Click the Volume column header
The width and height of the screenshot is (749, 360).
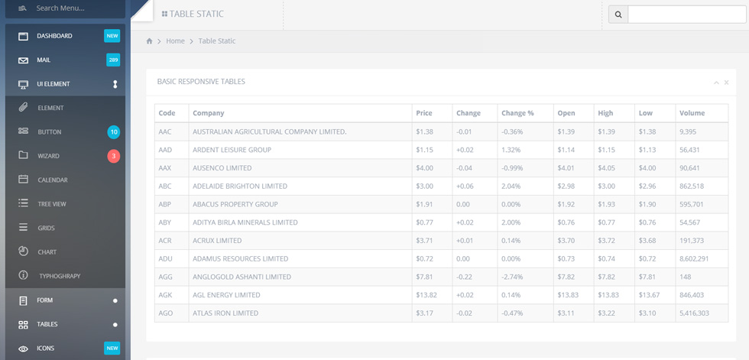[x=692, y=113]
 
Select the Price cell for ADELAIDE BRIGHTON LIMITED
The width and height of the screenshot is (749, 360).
[x=425, y=186]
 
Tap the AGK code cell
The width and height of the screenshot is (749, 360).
[x=165, y=295]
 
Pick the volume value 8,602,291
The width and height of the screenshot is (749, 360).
[x=694, y=259]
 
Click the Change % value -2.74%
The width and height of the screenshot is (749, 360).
[x=512, y=277]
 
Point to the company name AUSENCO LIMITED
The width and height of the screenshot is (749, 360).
[x=222, y=168]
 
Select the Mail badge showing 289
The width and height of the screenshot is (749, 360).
[x=113, y=60]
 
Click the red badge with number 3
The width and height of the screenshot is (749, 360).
[x=114, y=156]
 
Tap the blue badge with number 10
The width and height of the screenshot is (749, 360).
[x=114, y=132]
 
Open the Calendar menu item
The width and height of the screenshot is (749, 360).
[x=53, y=180]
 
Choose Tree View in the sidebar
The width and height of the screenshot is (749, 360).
[x=52, y=204]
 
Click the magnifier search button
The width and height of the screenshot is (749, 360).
[x=618, y=15]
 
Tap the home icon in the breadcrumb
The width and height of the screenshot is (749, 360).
[x=150, y=41]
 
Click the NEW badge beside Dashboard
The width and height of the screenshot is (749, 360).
[x=112, y=36]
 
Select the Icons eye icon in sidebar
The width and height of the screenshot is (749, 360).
[x=23, y=349]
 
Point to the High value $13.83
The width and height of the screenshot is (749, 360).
[x=608, y=295]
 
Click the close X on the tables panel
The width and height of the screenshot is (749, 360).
[x=726, y=83]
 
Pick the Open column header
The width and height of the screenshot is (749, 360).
[x=566, y=113]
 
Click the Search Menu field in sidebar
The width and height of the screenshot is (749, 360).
[x=65, y=8]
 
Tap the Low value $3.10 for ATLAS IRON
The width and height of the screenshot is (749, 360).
[x=647, y=313]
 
